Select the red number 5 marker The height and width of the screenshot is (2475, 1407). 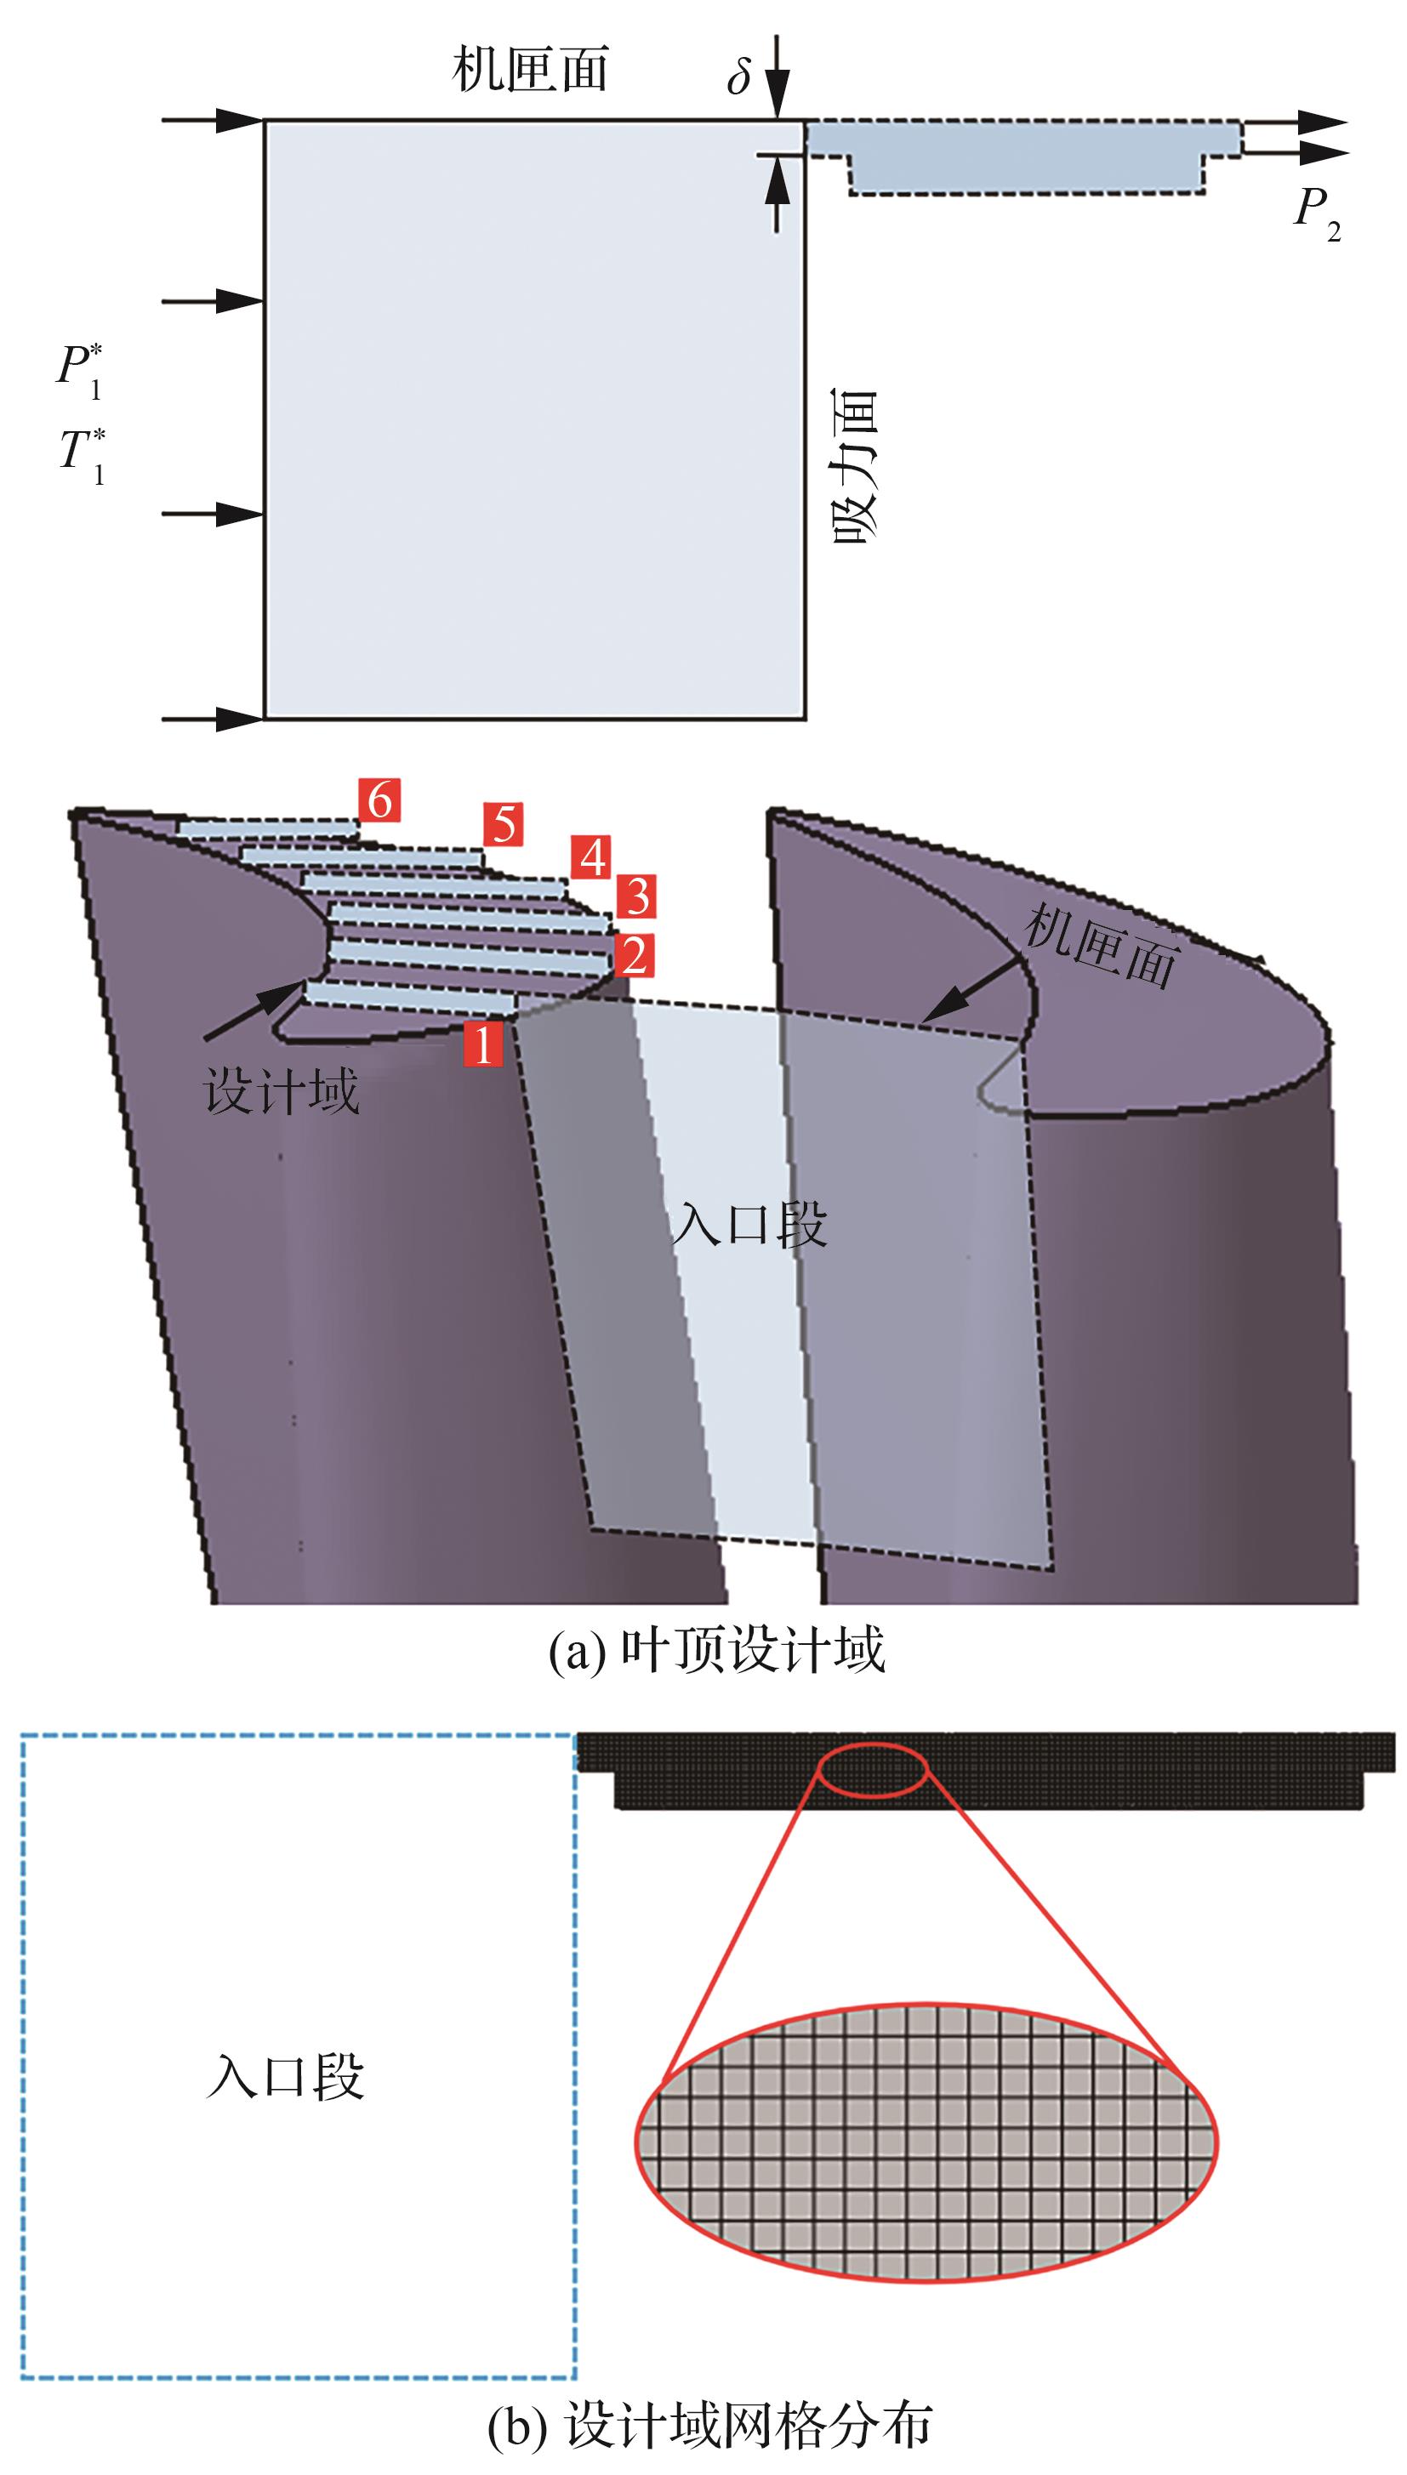point(504,824)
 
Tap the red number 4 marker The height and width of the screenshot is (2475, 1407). point(591,856)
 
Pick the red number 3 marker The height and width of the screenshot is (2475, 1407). point(635,896)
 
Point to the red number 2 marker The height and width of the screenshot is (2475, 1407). point(634,955)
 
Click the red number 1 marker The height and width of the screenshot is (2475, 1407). point(483,1044)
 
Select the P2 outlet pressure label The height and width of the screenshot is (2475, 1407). point(1318,214)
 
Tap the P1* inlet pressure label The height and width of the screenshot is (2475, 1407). point(80,371)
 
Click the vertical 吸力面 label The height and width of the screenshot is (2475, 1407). point(855,468)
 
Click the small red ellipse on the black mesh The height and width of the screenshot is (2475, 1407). point(874,1770)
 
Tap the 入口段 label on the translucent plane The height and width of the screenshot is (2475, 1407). point(750,1225)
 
